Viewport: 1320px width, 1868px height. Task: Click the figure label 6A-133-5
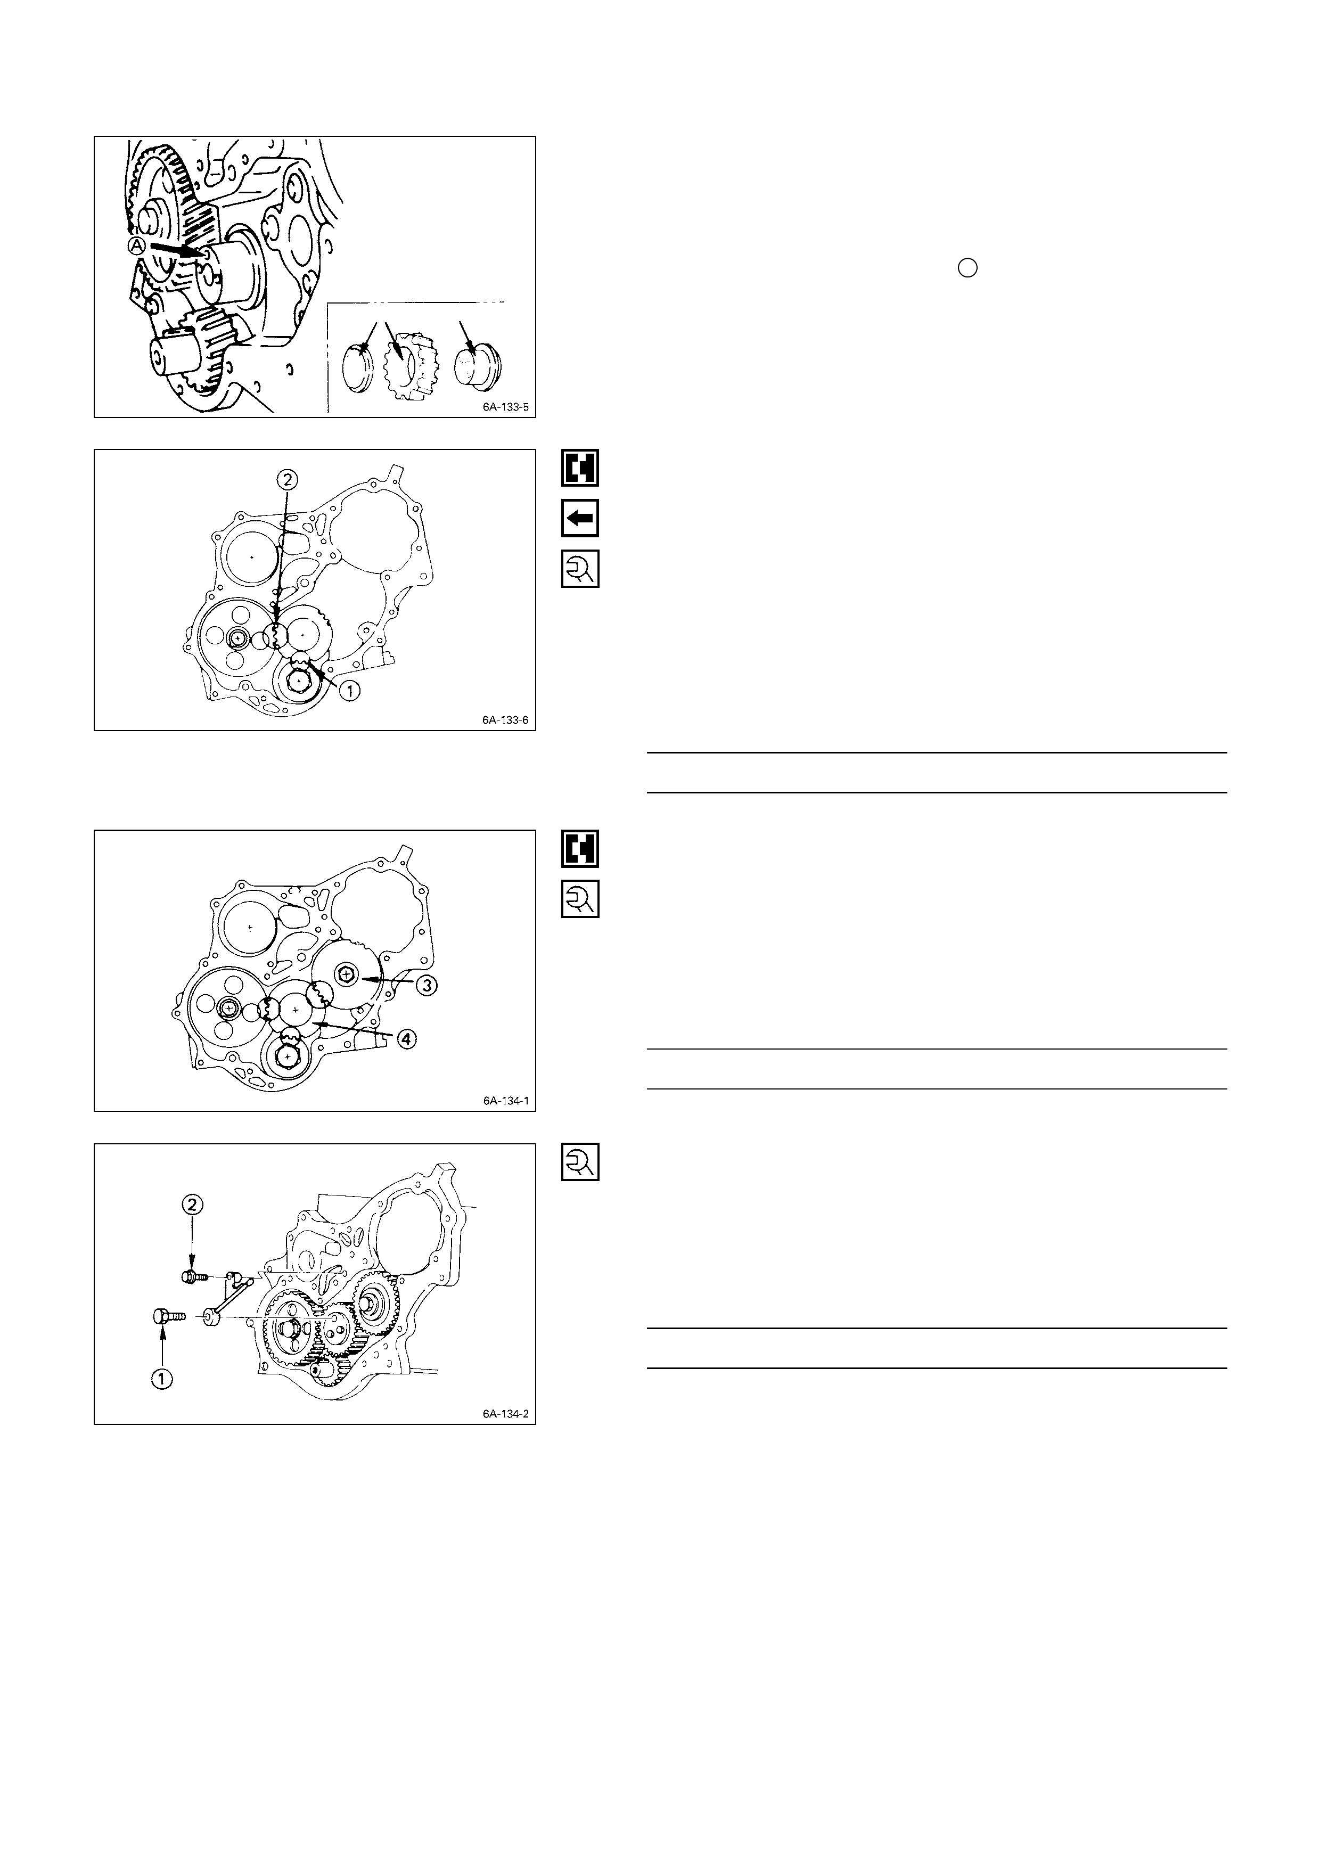[505, 407]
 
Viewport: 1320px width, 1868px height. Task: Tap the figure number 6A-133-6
[505, 720]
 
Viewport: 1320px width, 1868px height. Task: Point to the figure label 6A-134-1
[505, 1101]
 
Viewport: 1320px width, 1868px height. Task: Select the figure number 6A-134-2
[505, 1414]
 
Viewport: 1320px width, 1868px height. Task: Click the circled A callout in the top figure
[137, 245]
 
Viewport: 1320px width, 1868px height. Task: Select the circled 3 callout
[427, 985]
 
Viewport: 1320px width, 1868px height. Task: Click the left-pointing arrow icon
[580, 518]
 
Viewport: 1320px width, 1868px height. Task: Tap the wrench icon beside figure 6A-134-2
[580, 1162]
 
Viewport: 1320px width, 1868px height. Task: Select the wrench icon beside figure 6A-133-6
[580, 569]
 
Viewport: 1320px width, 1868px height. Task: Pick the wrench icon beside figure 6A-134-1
[580, 899]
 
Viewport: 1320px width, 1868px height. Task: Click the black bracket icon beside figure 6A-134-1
[580, 849]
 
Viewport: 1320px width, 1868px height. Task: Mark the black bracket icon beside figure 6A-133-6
[580, 468]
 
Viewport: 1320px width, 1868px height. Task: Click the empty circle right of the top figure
[967, 268]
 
